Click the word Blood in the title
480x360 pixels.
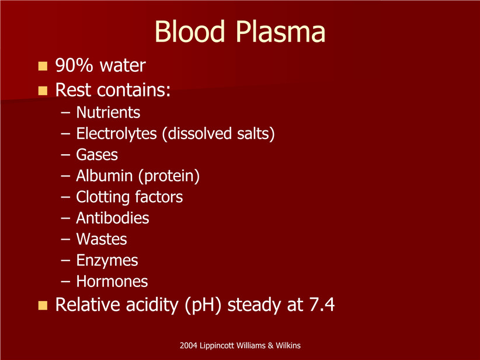190,31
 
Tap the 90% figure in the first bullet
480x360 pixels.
74,65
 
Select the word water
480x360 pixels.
123,65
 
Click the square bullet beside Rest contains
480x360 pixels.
43,91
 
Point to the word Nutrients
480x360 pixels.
108,112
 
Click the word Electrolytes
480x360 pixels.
116,134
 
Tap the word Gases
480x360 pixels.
97,154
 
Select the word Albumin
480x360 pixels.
105,175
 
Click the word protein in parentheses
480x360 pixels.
169,176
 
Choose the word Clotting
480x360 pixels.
103,198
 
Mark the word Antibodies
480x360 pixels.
113,218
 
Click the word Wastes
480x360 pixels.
102,239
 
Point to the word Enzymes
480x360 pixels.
107,261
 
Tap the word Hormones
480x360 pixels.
112,281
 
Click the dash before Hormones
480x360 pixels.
65,282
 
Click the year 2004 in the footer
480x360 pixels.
189,345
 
